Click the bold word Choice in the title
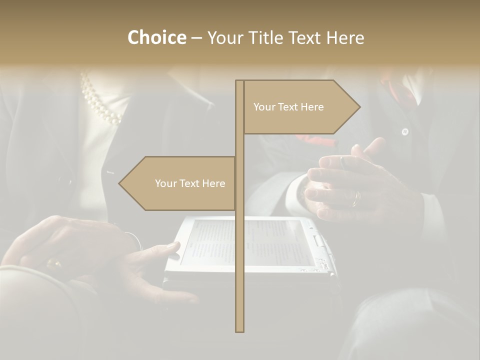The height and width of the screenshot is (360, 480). (x=156, y=37)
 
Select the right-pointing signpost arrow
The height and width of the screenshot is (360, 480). (x=300, y=107)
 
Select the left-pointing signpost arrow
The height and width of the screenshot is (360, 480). (x=177, y=183)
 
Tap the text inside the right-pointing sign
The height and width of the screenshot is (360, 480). (x=288, y=107)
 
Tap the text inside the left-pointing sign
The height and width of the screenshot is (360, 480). (x=190, y=183)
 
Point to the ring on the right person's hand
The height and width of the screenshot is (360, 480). (x=356, y=199)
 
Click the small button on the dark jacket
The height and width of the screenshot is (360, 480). (x=405, y=132)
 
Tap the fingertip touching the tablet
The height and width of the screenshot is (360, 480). (x=174, y=245)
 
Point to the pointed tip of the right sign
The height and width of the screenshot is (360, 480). (x=358, y=106)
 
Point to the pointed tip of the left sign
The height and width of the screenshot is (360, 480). (x=120, y=183)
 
